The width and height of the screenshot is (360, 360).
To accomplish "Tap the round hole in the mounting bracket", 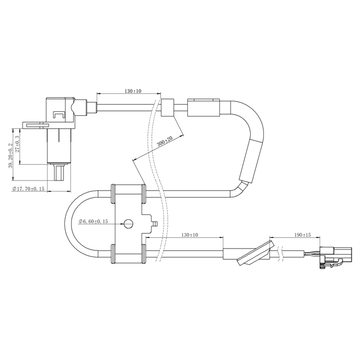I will point(128,223).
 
